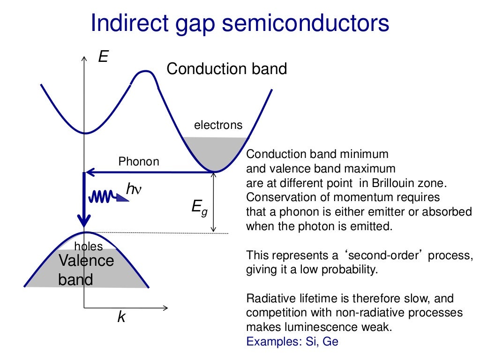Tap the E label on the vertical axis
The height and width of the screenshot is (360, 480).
[x=103, y=57]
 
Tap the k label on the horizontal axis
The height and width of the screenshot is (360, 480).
[x=121, y=317]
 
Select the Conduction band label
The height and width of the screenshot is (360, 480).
[x=226, y=69]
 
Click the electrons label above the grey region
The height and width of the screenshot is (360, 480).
[x=218, y=125]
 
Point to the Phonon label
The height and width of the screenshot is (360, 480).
[x=138, y=162]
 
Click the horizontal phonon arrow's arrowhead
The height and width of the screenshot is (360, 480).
[x=90, y=172]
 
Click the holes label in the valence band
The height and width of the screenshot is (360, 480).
[x=88, y=246]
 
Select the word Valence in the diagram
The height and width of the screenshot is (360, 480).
[x=86, y=260]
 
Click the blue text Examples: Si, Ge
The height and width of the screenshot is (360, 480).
[x=292, y=341]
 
